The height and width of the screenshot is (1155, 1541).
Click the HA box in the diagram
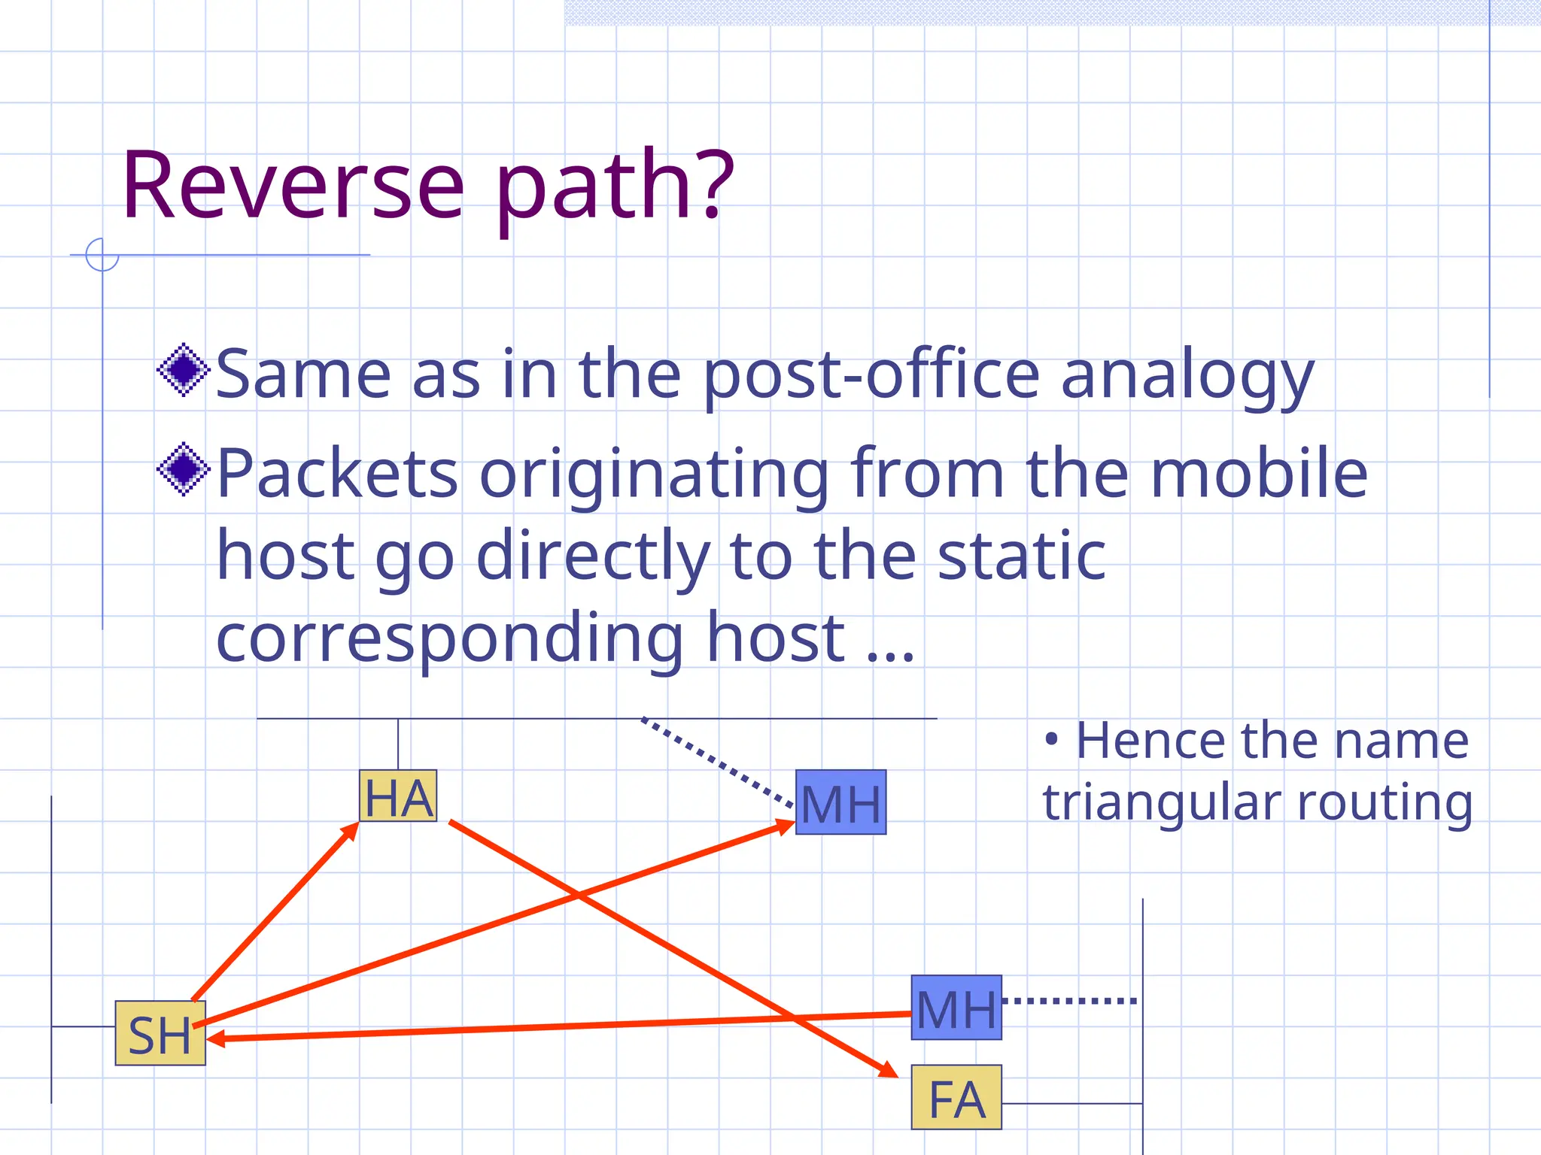(x=398, y=796)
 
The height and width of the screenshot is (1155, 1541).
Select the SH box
(x=160, y=1033)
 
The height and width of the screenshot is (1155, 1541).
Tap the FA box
(x=956, y=1097)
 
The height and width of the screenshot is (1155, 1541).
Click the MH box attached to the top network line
(x=841, y=802)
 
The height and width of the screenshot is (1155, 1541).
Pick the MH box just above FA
(x=956, y=1008)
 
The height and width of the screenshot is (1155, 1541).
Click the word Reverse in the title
(x=293, y=186)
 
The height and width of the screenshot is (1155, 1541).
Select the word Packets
(x=338, y=473)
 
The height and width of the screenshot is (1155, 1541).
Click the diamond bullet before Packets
(x=183, y=470)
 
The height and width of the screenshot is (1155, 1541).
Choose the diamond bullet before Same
(x=183, y=370)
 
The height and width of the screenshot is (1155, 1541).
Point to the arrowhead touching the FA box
(x=889, y=1069)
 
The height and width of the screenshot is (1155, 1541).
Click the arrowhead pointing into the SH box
(x=215, y=1038)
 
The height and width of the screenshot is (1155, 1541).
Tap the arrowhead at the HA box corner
(x=350, y=830)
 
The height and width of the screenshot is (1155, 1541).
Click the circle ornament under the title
(x=102, y=254)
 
